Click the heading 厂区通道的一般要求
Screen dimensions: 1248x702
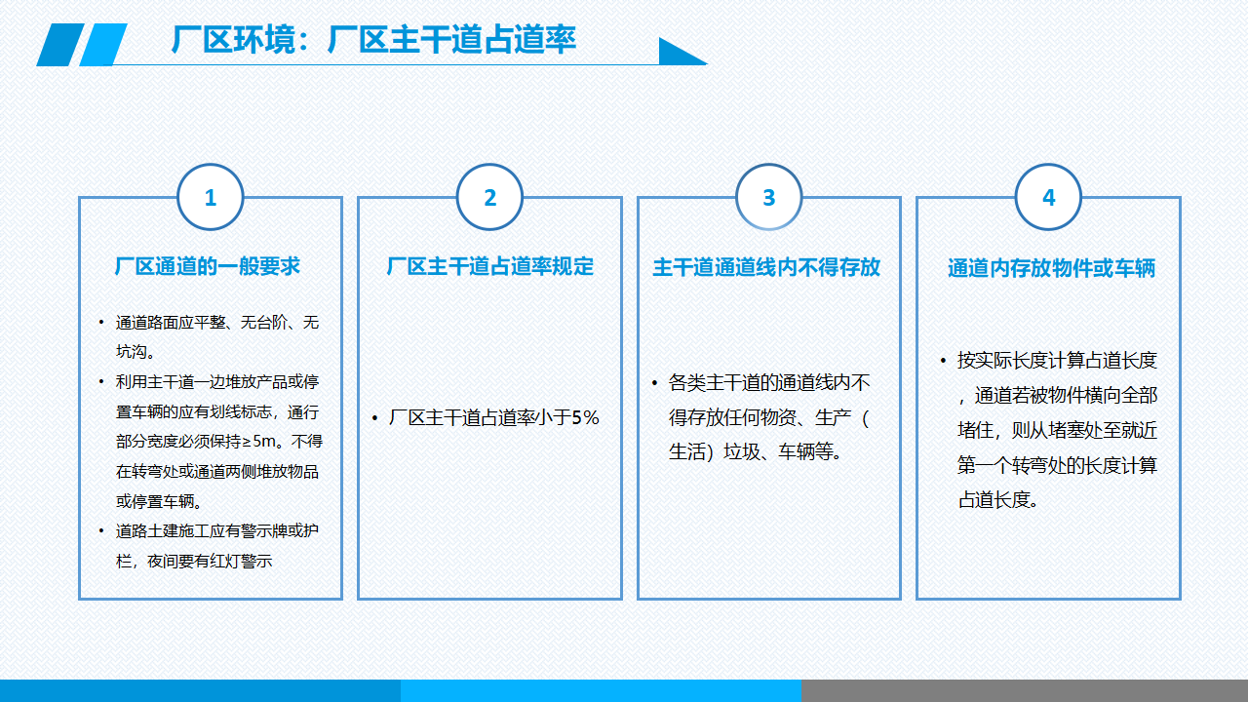tap(208, 266)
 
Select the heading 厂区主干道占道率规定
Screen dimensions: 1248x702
tap(490, 266)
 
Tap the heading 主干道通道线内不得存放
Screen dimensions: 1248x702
tap(766, 267)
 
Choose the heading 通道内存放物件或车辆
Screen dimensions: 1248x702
tap(1052, 268)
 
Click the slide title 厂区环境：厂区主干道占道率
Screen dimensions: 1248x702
tap(373, 40)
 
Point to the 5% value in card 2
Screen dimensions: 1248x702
tap(585, 417)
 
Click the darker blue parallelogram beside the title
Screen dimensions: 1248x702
tap(60, 45)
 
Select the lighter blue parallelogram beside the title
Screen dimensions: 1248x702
tap(103, 45)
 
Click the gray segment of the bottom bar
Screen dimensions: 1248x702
tap(1025, 691)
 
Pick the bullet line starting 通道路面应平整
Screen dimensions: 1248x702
tap(217, 322)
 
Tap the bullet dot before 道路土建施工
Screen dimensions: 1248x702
tap(100, 531)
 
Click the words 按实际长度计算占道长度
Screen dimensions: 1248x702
tap(1057, 361)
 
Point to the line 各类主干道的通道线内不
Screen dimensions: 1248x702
tap(769, 383)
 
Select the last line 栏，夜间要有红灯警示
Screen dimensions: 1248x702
tap(194, 561)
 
